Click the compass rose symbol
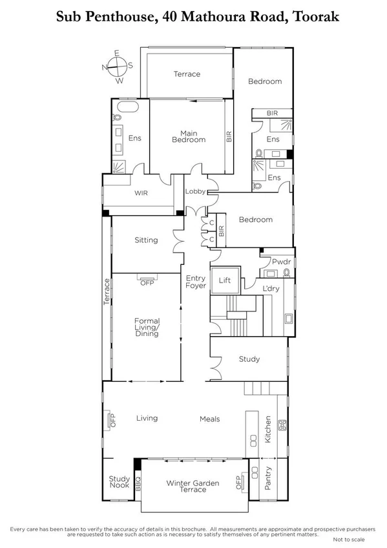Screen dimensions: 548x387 coord(118,65)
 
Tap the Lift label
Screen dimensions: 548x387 coord(225,280)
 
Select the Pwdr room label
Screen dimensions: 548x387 coord(278,262)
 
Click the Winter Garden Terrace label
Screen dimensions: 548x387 coord(193,486)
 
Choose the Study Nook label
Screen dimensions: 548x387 coord(119,482)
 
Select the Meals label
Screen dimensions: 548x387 coord(209,419)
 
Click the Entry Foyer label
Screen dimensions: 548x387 coord(196,281)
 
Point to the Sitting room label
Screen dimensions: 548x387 coord(146,240)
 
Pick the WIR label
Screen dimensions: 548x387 coord(142,193)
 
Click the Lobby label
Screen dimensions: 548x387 coord(195,191)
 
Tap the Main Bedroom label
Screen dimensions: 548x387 coord(188,136)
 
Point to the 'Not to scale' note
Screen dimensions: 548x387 coord(349,539)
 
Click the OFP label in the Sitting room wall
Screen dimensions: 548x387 coord(146,282)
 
